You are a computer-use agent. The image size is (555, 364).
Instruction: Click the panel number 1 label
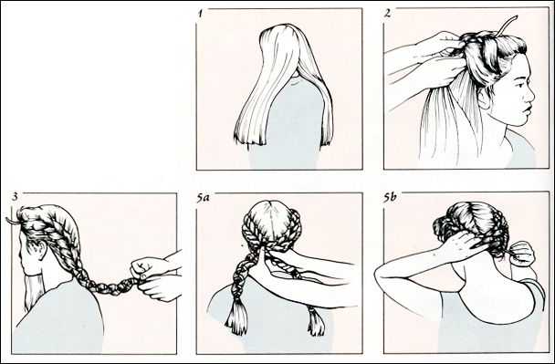(201, 15)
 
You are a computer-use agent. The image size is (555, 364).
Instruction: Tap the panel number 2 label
(388, 14)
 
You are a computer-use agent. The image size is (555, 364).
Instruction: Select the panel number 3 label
(15, 197)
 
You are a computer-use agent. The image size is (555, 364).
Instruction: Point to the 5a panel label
(204, 198)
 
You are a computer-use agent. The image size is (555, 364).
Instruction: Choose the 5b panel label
(390, 198)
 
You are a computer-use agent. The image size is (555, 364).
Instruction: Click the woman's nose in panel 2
(530, 95)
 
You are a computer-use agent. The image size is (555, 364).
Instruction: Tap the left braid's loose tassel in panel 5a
(236, 317)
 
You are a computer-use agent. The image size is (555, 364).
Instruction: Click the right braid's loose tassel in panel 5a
(316, 321)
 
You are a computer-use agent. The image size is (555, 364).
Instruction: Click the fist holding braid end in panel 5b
(522, 253)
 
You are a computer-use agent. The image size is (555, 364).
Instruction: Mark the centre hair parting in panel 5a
(272, 219)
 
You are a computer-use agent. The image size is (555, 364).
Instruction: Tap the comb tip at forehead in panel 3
(11, 221)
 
